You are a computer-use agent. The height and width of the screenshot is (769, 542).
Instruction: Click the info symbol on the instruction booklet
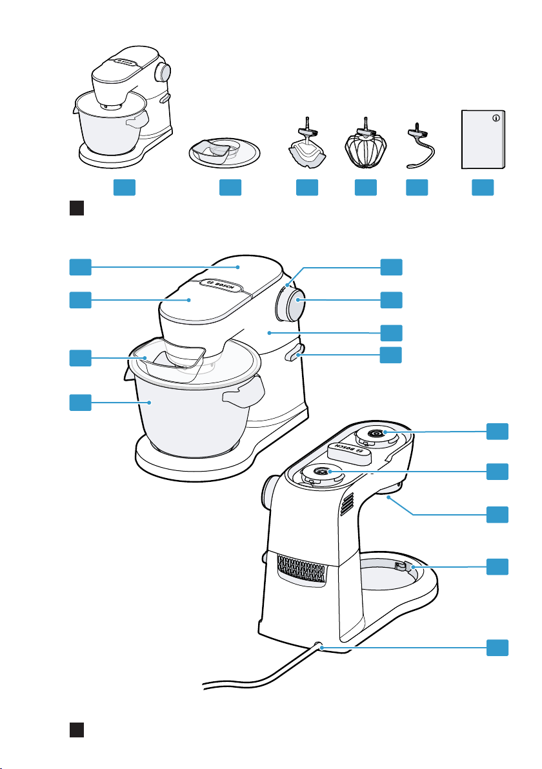click(496, 118)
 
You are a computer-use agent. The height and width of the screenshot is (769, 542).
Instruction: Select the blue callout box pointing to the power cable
click(497, 648)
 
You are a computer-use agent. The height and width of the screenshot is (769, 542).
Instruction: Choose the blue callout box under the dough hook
click(417, 188)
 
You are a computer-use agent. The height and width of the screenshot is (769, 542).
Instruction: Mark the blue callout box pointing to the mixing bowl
click(80, 404)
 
